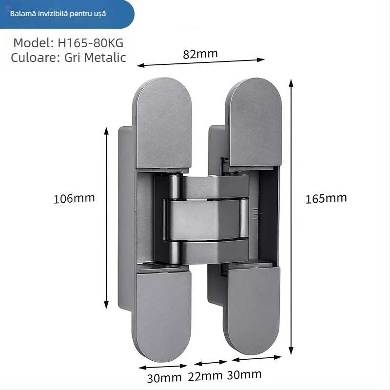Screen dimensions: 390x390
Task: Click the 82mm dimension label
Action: tap(200, 54)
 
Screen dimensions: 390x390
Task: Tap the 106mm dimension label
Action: tap(74, 198)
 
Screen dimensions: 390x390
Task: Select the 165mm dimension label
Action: tap(326, 198)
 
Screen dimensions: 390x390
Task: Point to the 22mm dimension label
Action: tap(205, 376)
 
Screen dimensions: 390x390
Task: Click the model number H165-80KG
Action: tap(91, 43)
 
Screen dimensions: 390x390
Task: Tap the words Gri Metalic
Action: tap(95, 58)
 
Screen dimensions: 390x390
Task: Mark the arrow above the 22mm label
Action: tap(211, 363)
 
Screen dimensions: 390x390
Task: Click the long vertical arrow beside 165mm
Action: tap(291, 217)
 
